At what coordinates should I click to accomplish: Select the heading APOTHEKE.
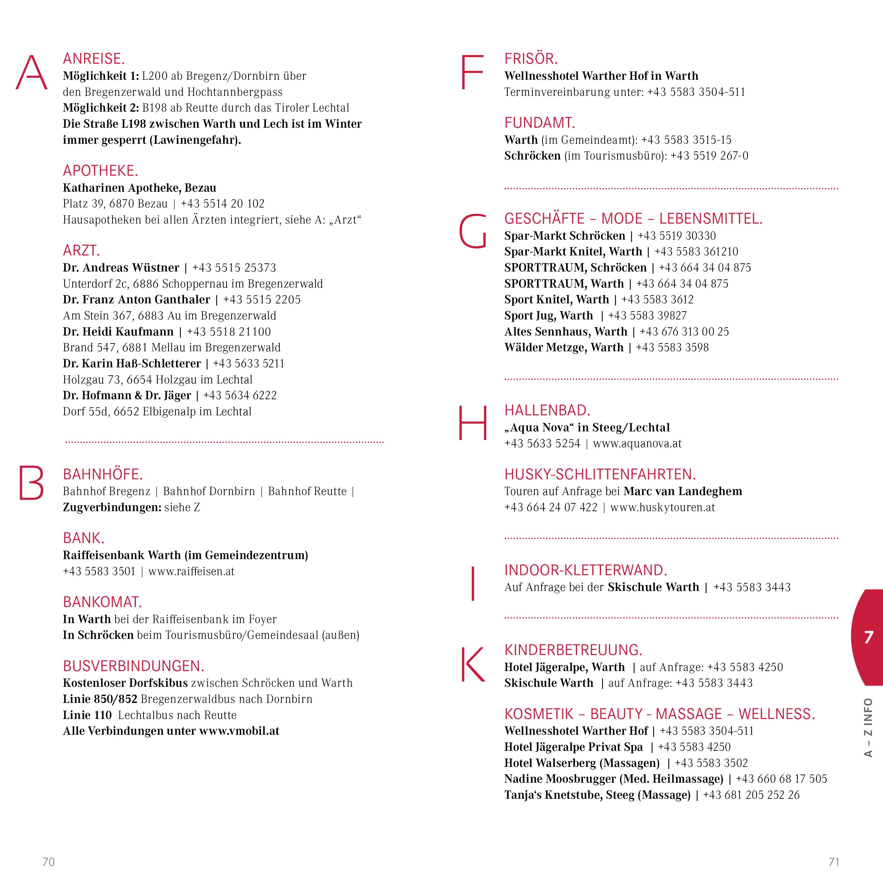point(100,171)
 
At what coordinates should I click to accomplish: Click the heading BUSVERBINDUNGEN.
point(133,666)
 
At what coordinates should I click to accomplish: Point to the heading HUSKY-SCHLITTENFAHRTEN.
point(599,474)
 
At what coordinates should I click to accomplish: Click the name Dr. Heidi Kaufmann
point(118,332)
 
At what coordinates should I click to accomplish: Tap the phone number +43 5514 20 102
point(223,204)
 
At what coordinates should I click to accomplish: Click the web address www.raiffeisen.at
point(191,571)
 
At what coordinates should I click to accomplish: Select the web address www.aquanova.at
point(637,443)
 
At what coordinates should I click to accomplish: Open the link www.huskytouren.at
point(662,507)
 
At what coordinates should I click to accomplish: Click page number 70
point(49,862)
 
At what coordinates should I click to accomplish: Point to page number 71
point(833,862)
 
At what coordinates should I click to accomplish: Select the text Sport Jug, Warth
point(548,316)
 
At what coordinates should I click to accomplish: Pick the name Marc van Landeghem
point(682,491)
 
